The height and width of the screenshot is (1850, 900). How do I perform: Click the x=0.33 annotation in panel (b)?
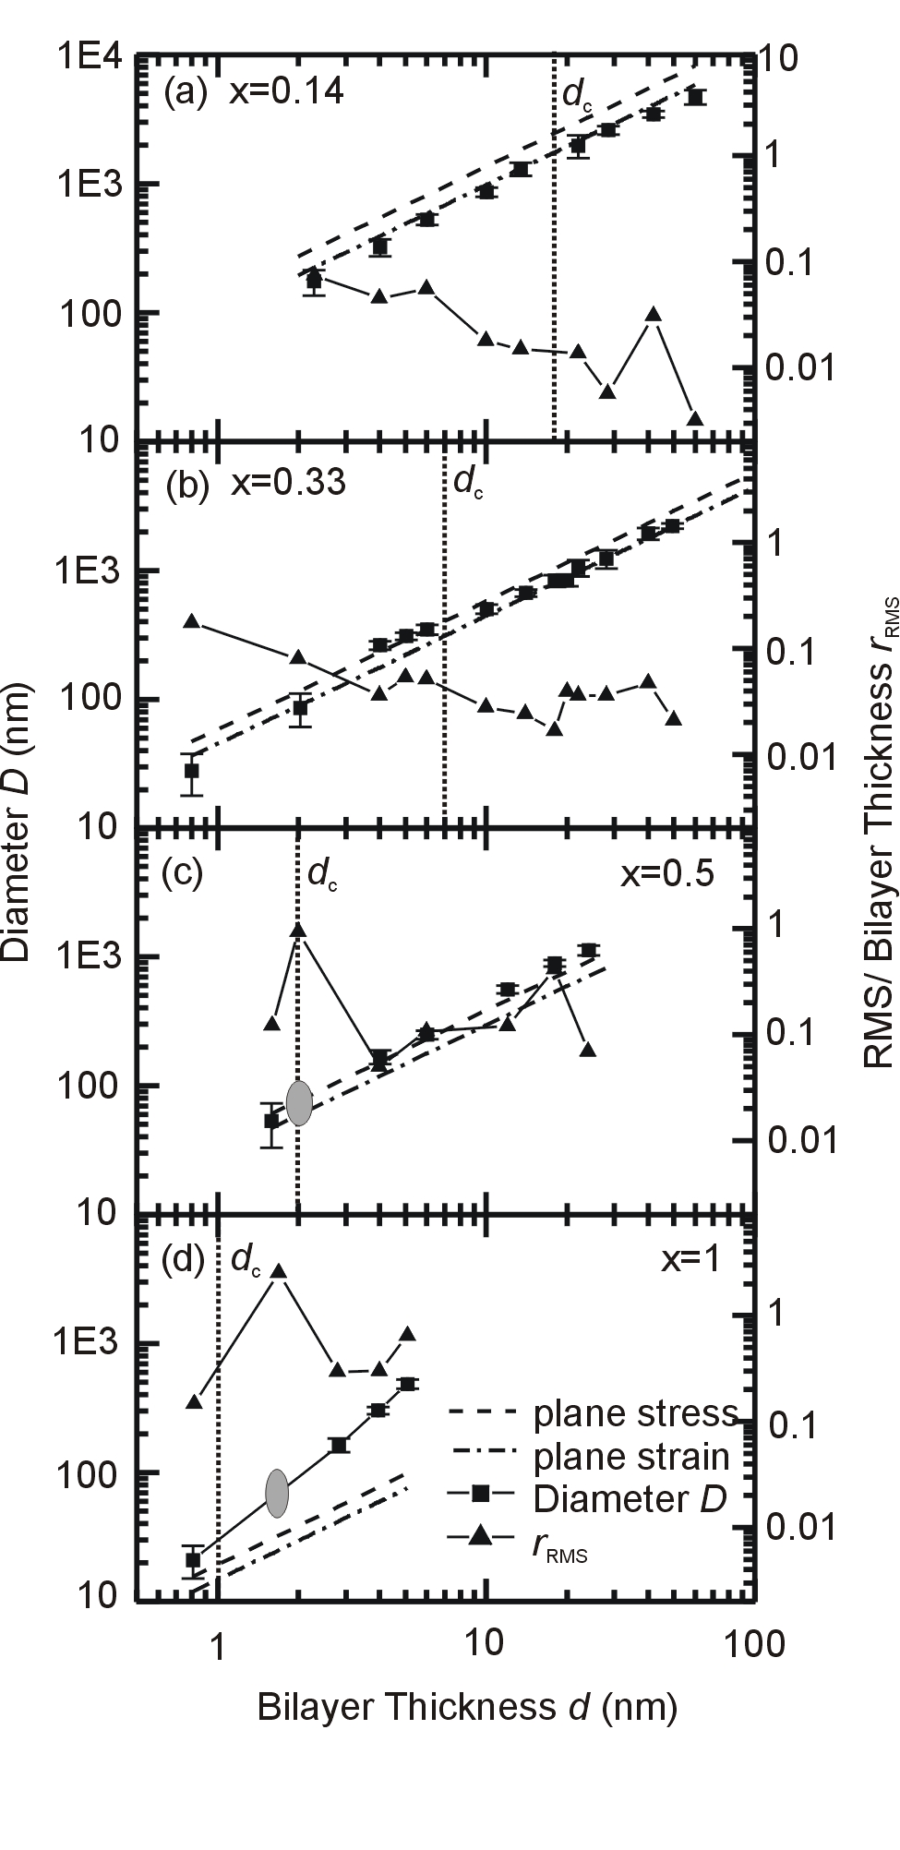tap(287, 483)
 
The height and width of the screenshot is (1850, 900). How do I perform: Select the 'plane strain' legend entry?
tap(631, 1456)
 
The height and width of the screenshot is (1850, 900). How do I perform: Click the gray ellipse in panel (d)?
tap(278, 1493)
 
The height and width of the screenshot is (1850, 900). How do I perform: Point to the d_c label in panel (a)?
tap(577, 97)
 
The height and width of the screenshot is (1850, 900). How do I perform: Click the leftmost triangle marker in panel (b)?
tap(191, 621)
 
